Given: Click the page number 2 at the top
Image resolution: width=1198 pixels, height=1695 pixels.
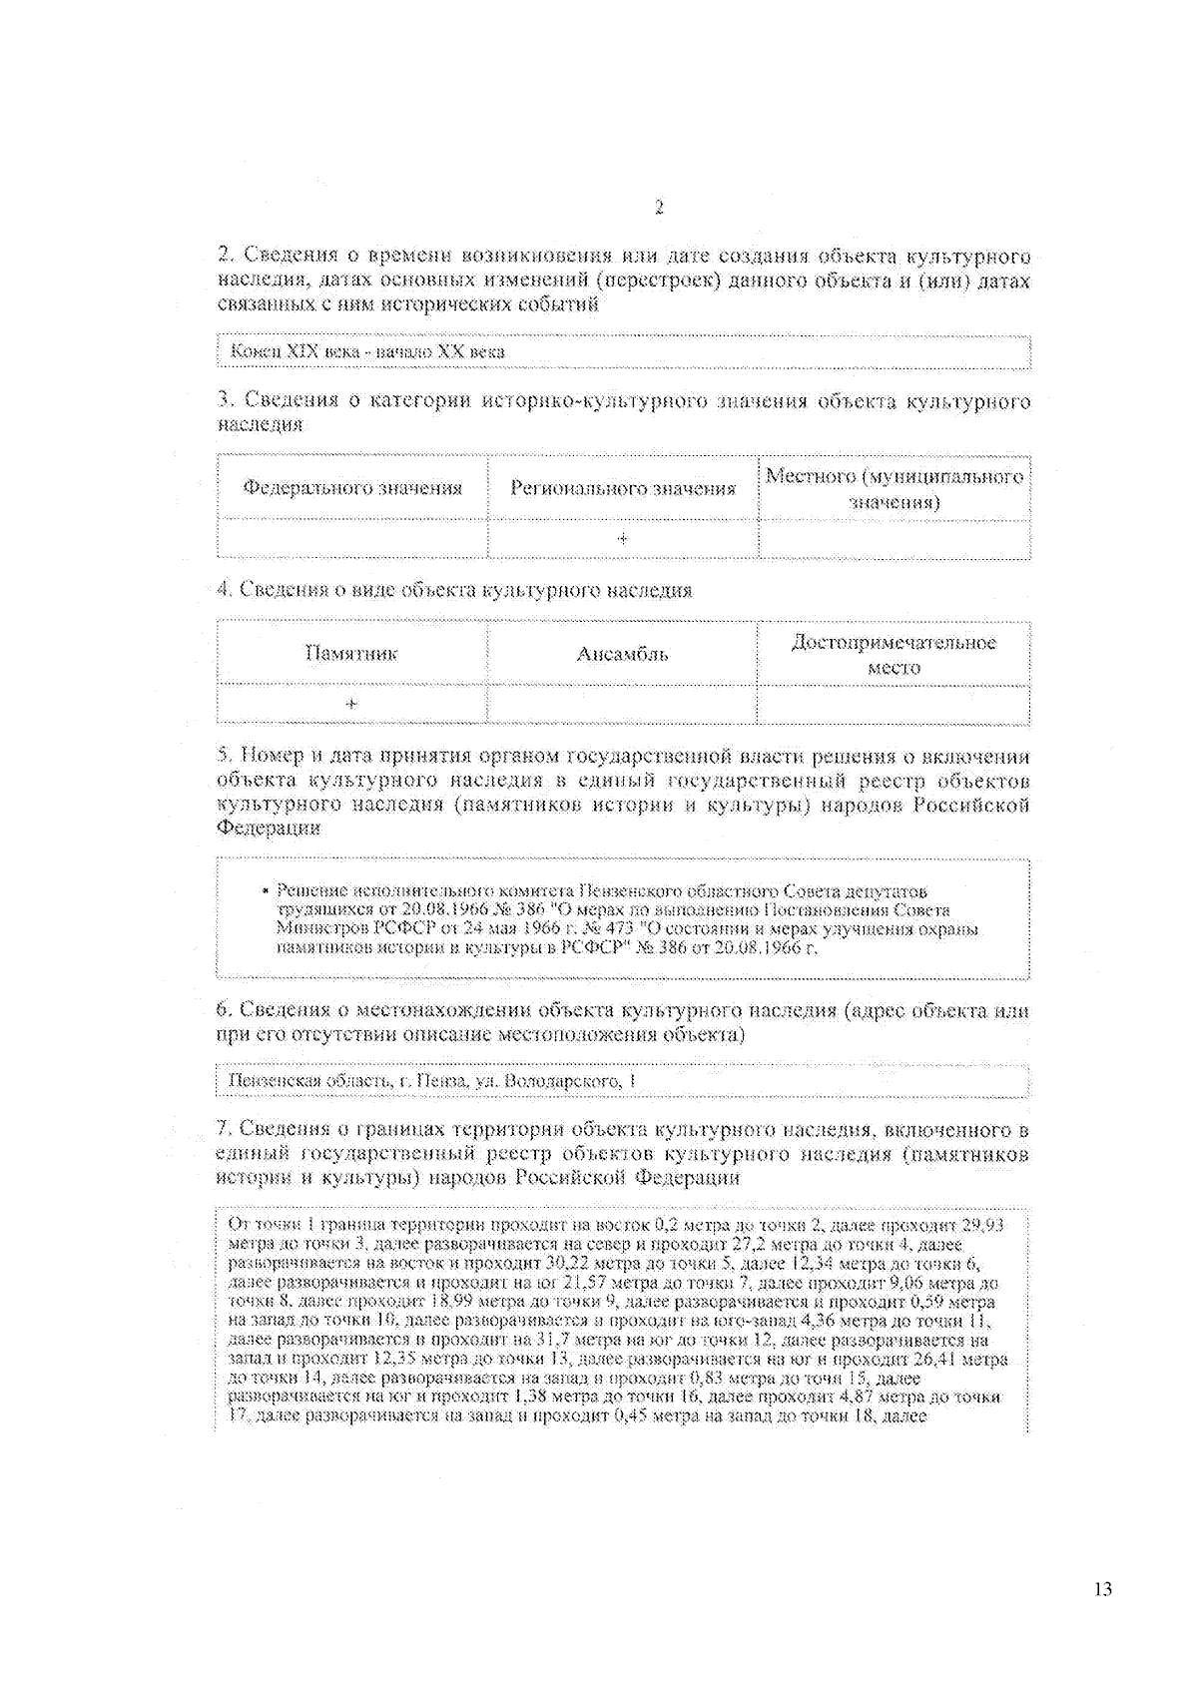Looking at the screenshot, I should point(659,208).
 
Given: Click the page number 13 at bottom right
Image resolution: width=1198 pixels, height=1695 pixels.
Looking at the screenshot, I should point(1102,1590).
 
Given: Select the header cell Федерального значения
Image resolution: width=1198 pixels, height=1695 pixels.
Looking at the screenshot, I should point(352,488).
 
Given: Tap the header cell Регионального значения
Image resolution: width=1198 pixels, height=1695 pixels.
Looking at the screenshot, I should point(622,488).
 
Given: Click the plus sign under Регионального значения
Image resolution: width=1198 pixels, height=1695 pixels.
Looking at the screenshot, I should point(622,539).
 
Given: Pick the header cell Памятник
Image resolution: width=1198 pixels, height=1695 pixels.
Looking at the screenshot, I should point(351,654).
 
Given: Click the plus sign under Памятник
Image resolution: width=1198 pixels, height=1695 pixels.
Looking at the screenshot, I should point(351,704).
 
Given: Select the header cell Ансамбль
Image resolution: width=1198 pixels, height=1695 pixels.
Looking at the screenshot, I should point(622,654).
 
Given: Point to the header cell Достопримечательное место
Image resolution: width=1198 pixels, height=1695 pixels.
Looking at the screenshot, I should point(894,655).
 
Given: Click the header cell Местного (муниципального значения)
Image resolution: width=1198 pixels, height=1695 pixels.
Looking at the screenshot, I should point(894,488).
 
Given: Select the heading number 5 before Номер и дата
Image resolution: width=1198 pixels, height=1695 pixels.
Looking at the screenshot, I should point(223,756).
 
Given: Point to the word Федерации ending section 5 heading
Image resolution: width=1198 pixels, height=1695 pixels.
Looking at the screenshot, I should point(269,829).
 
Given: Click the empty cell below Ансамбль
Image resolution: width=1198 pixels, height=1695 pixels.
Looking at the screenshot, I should point(622,704).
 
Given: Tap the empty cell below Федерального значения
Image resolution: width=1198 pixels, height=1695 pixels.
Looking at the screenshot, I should point(352,539).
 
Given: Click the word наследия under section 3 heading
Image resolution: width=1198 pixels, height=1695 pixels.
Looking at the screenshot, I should point(260,424).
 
